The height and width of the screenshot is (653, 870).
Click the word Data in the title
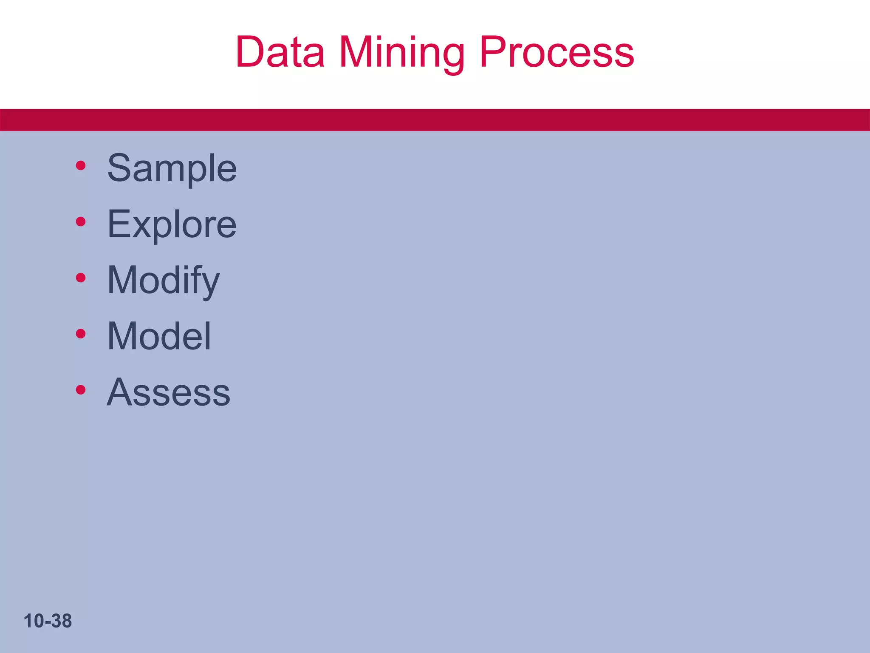pos(280,52)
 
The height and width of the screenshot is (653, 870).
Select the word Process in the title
pos(557,52)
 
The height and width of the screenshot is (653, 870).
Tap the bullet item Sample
pos(172,168)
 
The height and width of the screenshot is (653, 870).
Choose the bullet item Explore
pos(172,224)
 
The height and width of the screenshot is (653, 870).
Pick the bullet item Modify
pos(164,281)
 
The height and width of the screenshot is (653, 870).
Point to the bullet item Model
pos(159,336)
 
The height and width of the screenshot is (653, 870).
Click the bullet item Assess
pos(169,392)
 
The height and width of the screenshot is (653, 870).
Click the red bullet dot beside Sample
pos(81,165)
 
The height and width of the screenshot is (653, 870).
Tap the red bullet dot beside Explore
pos(81,221)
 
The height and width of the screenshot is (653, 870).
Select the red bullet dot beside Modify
pos(81,278)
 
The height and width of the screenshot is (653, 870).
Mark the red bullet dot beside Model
pos(81,334)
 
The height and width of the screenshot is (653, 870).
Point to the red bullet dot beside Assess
pos(81,389)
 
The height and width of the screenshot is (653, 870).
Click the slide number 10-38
pos(48,621)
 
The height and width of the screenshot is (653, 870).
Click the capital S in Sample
pos(119,168)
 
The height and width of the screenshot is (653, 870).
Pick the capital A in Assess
pos(119,392)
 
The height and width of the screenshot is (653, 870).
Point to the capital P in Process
pos(493,52)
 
